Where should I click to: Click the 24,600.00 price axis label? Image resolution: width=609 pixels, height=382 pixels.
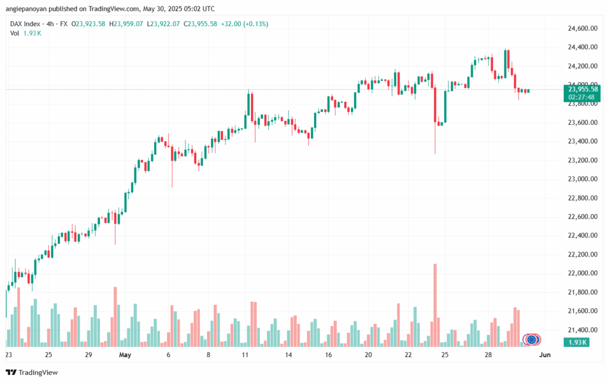click(x=579, y=28)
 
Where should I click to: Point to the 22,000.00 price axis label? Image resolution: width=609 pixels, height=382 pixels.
click(x=579, y=273)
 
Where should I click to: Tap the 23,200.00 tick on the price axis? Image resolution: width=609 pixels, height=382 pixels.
click(x=579, y=160)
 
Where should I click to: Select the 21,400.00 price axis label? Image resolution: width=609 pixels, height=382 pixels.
click(x=579, y=330)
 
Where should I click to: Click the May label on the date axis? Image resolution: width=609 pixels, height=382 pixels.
click(x=125, y=355)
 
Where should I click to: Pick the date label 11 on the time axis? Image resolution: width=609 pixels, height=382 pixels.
click(x=244, y=355)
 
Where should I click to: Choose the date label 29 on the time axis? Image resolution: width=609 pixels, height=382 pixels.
click(x=89, y=355)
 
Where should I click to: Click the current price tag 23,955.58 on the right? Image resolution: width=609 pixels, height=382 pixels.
click(x=583, y=89)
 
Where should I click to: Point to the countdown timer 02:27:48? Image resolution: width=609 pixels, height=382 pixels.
click(x=583, y=96)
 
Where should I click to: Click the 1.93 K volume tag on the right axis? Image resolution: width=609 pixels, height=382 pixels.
click(x=576, y=342)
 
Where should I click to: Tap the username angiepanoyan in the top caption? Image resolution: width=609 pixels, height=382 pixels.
click(x=29, y=8)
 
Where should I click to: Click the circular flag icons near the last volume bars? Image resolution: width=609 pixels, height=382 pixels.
click(x=532, y=339)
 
